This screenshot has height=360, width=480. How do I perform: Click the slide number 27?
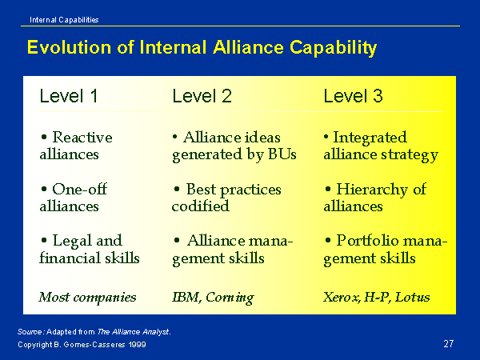coord(449,343)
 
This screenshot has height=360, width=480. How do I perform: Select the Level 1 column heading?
coord(69,96)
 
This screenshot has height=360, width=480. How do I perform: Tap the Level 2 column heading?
coord(202,96)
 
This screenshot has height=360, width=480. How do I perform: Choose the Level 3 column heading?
coord(354,96)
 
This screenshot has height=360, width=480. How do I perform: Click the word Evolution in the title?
coord(69,47)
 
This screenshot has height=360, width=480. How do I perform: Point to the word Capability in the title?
coord(333,48)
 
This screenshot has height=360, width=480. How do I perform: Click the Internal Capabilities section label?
coord(64,20)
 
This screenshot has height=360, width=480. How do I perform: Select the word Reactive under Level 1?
coord(82,137)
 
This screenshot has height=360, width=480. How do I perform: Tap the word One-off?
coord(79,189)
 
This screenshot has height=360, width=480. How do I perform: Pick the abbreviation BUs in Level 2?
coord(282,154)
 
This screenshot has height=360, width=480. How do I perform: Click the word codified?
coord(200,206)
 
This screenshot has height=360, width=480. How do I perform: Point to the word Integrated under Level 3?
coord(370,138)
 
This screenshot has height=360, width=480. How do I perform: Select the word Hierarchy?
coord(372,190)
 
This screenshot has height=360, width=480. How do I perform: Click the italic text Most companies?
coord(87,298)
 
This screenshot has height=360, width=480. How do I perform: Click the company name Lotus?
coord(412,297)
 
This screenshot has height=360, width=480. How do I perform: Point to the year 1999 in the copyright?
coord(137,344)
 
